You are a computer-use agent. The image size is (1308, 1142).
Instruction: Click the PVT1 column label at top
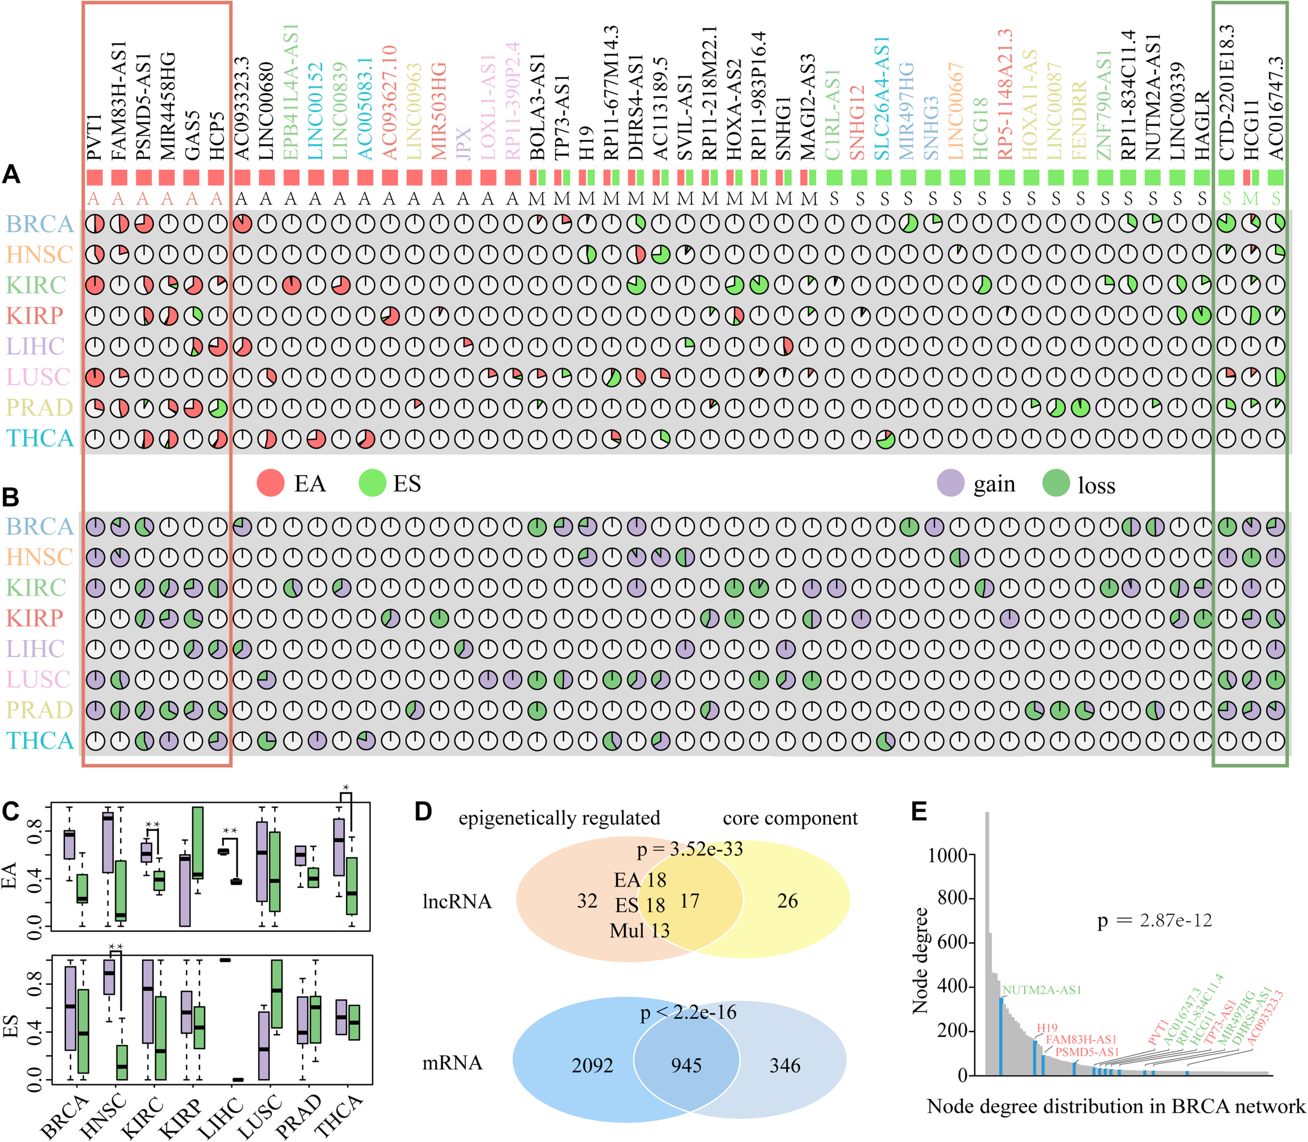pyautogui.click(x=94, y=137)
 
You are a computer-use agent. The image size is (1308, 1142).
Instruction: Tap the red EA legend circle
pyautogui.click(x=270, y=483)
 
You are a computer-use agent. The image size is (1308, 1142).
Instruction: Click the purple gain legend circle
pyautogui.click(x=951, y=484)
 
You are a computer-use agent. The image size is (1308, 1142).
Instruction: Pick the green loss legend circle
pyautogui.click(x=1056, y=484)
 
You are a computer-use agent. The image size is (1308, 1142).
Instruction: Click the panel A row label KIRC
pyautogui.click(x=36, y=285)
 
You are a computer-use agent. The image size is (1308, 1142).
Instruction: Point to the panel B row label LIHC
pyautogui.click(x=36, y=649)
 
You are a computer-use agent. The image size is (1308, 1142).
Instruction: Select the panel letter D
pyautogui.click(x=423, y=811)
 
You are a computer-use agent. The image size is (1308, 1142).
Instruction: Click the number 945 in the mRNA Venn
pyautogui.click(x=686, y=1066)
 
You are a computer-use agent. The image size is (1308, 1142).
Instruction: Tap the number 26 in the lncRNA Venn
pyautogui.click(x=787, y=901)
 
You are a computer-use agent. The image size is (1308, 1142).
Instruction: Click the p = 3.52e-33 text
pyautogui.click(x=690, y=849)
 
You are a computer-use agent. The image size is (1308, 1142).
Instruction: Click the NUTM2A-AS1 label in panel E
pyautogui.click(x=1042, y=990)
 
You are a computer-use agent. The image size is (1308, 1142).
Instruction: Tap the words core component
pyautogui.click(x=790, y=818)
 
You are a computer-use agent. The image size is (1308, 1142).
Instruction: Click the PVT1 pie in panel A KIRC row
pyautogui.click(x=94, y=285)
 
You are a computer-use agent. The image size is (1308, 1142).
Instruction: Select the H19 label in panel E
pyautogui.click(x=1047, y=1028)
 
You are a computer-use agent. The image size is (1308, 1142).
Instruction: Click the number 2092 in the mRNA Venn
pyautogui.click(x=592, y=1066)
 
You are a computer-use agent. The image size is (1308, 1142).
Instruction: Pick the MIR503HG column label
pyautogui.click(x=439, y=111)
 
